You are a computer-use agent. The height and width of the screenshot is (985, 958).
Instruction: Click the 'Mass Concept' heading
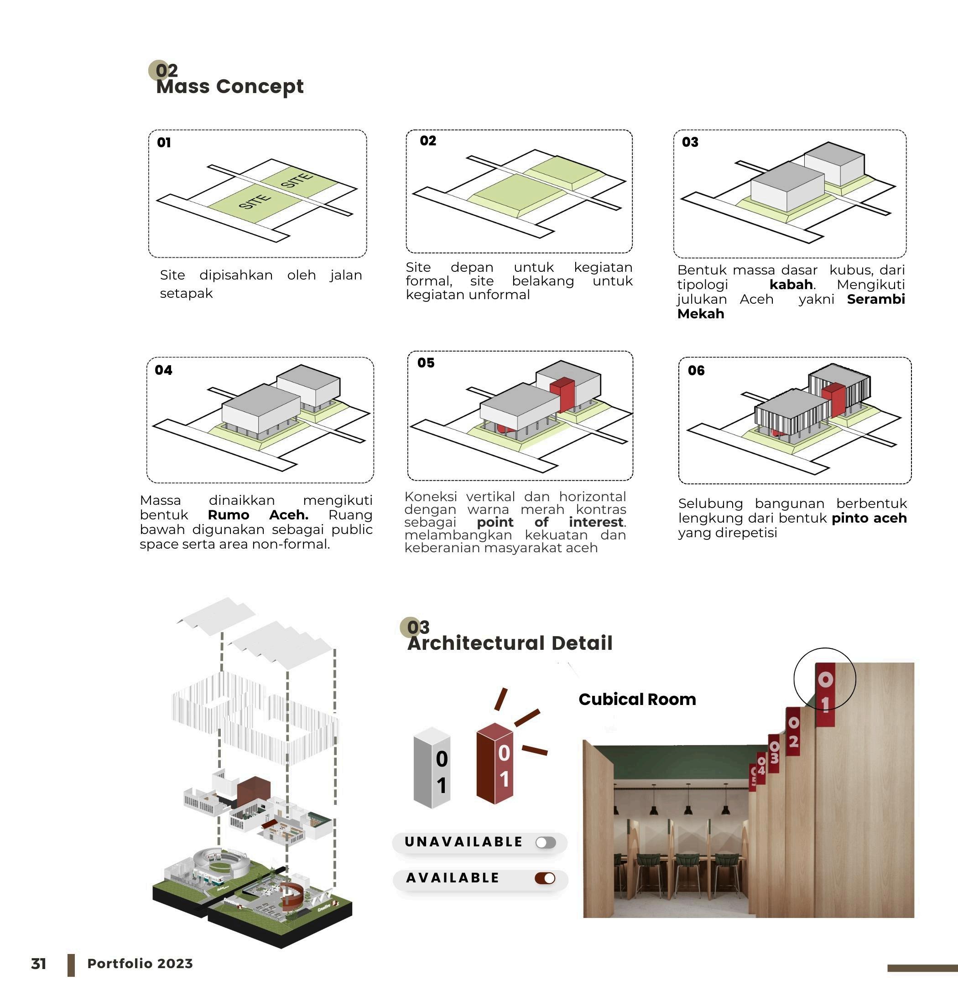[229, 87]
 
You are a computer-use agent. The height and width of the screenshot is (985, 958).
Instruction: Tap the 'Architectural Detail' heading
[510, 643]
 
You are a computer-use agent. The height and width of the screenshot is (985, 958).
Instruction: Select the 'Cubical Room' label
[637, 699]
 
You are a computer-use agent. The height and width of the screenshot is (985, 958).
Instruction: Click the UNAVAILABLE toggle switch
[546, 843]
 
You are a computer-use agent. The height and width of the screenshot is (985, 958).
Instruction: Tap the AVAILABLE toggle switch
[545, 878]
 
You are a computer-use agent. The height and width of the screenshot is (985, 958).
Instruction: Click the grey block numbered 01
[432, 767]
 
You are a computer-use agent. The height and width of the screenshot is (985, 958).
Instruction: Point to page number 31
[39, 964]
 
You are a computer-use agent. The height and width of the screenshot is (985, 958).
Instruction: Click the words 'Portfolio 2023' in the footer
[140, 964]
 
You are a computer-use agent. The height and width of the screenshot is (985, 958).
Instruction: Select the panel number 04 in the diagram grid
[163, 370]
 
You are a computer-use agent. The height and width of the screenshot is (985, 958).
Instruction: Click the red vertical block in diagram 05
[562, 395]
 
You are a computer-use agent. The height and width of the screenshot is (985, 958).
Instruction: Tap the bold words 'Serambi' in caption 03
[875, 299]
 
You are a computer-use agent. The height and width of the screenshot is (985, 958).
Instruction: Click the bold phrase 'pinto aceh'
[869, 518]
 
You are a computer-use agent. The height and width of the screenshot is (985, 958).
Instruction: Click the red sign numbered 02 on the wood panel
[793, 732]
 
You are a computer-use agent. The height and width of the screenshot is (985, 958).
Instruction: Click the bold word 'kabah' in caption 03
[791, 285]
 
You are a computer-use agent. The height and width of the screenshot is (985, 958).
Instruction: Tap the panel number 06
[696, 371]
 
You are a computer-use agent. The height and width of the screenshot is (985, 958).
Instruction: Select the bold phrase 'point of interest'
[551, 522]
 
